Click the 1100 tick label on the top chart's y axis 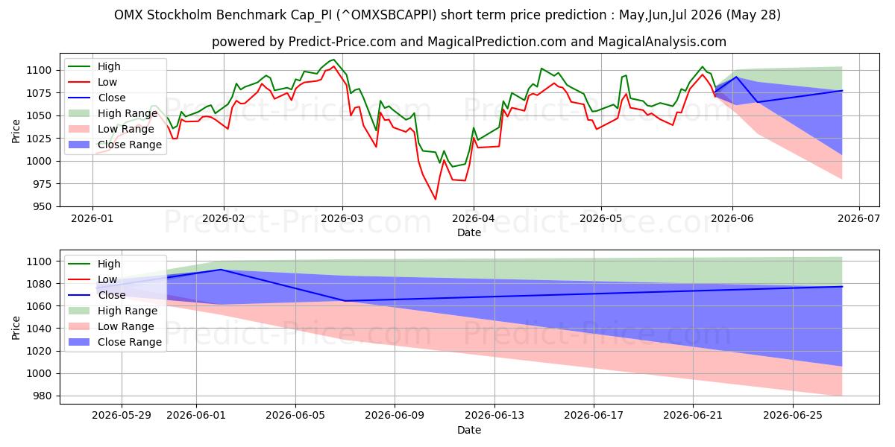[39, 71]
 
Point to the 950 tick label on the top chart [42, 207]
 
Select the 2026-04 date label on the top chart [474, 219]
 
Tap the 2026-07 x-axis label [859, 219]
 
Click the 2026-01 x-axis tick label [92, 219]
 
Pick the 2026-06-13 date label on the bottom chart [494, 416]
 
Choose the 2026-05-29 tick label [122, 416]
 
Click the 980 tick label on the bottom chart [42, 396]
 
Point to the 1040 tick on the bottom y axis [39, 329]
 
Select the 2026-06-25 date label [793, 416]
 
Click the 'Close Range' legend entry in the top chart [115, 145]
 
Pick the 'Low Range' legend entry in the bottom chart [111, 326]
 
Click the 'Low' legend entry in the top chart [92, 82]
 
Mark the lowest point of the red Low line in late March [435, 199]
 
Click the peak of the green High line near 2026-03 [333, 60]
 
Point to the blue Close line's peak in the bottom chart [221, 270]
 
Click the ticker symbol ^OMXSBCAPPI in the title [387, 15]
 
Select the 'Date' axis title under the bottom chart [469, 431]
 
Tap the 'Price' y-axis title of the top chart [16, 131]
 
